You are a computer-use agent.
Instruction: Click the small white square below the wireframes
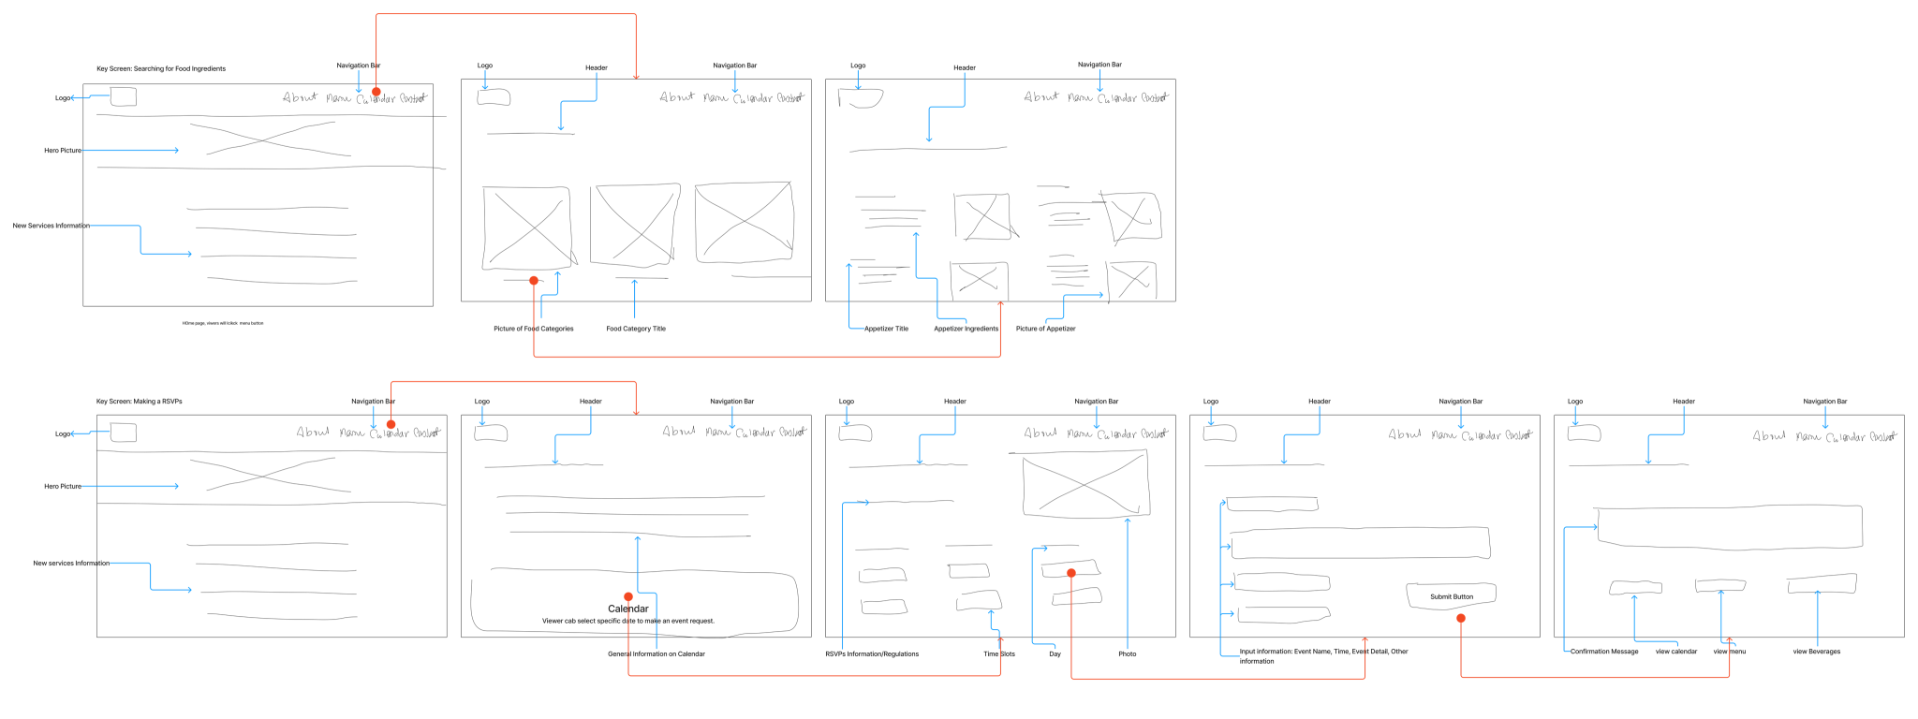pyautogui.click(x=1452, y=697)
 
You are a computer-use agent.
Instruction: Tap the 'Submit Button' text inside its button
pyautogui.click(x=1451, y=596)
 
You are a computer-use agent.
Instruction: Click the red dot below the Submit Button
pyautogui.click(x=1461, y=618)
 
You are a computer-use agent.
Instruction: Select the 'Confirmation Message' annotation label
pyautogui.click(x=1604, y=652)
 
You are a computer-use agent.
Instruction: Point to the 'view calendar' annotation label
pyautogui.click(x=1675, y=652)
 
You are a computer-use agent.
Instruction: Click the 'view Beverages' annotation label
pyautogui.click(x=1816, y=652)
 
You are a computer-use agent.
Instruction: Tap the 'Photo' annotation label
pyautogui.click(x=1127, y=654)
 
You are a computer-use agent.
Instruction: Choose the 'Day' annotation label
pyautogui.click(x=1055, y=654)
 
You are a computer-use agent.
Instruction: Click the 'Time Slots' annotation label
pyautogui.click(x=998, y=654)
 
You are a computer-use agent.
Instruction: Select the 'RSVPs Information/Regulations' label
pyautogui.click(x=871, y=654)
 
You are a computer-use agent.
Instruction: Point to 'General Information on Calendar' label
pyautogui.click(x=656, y=654)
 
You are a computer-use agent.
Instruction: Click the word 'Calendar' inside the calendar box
pyautogui.click(x=628, y=609)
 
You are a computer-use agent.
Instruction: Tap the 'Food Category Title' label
pyautogui.click(x=636, y=329)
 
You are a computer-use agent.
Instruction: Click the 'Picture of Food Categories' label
pyautogui.click(x=533, y=329)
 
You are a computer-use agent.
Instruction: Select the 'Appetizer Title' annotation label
pyautogui.click(x=886, y=329)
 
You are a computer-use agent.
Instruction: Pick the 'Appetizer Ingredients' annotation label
pyautogui.click(x=966, y=329)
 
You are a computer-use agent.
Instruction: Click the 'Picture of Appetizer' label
pyautogui.click(x=1045, y=329)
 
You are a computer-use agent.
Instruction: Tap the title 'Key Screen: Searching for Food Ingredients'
pyautogui.click(x=161, y=68)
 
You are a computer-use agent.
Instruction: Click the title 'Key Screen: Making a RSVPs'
pyautogui.click(x=140, y=402)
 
